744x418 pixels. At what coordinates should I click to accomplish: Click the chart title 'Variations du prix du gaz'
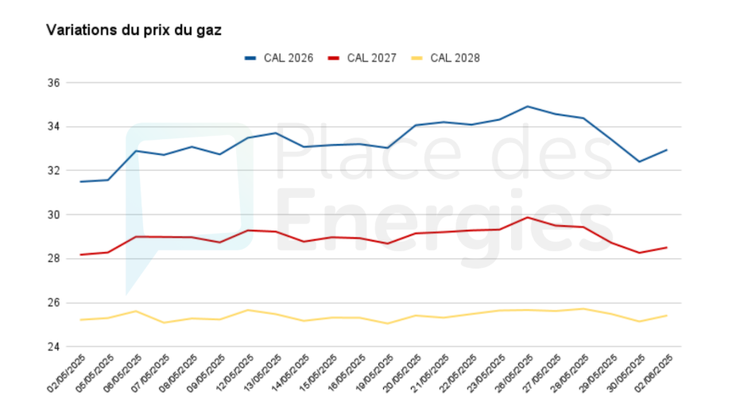pos(134,30)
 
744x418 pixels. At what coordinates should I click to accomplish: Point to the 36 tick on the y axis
pos(56,83)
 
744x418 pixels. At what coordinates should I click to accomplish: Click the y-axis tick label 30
pos(56,215)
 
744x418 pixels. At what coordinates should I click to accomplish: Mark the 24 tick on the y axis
pos(56,347)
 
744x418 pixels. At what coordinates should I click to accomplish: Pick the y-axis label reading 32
pos(56,171)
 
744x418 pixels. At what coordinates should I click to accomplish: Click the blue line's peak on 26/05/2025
pos(528,106)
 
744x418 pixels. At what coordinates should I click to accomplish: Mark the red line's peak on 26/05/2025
pos(528,217)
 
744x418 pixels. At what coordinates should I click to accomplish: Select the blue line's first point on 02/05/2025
pos(80,182)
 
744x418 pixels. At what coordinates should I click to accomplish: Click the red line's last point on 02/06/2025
pos(667,247)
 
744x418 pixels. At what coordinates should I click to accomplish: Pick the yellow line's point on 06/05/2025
pos(136,311)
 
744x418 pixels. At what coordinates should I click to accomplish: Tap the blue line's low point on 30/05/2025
pos(639,162)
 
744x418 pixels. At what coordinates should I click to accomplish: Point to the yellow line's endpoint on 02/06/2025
pos(667,315)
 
